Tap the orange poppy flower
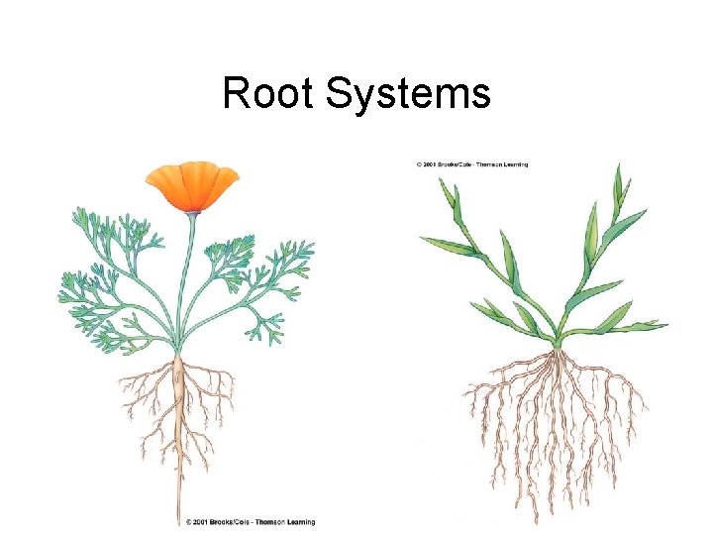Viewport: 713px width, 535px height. coord(192,185)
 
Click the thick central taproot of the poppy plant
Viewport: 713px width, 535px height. coord(179,396)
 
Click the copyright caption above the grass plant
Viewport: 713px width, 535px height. coord(472,163)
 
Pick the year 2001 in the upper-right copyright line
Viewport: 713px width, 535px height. coord(434,163)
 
